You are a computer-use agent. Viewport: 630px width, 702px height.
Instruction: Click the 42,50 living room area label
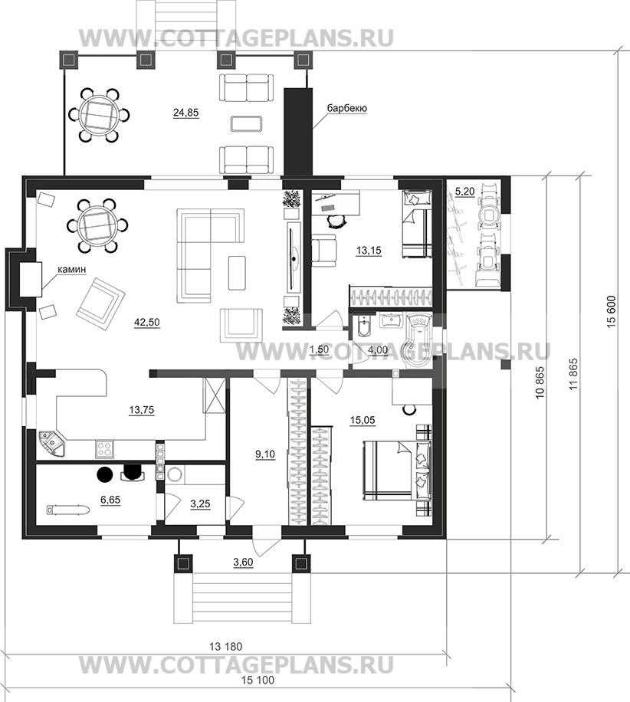point(147,322)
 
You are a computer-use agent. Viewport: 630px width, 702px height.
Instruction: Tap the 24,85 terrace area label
point(185,113)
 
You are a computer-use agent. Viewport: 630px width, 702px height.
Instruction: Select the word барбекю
point(347,108)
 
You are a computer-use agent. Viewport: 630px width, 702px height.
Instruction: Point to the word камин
point(71,270)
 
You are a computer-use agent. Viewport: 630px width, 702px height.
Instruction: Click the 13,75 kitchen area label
point(142,409)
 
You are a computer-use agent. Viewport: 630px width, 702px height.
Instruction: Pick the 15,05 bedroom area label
point(363,420)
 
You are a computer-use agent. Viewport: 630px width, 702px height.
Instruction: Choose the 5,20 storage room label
point(464,192)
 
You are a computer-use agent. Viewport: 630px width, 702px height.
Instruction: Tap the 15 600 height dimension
point(613,312)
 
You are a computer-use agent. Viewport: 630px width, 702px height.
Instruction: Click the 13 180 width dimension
point(225,647)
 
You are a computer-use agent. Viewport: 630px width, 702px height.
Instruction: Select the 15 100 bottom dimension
point(258,680)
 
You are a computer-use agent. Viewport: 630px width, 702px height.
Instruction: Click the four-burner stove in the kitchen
point(104,449)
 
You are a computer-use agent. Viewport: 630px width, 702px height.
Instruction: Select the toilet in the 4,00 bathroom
point(363,326)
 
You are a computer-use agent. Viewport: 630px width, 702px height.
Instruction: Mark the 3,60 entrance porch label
point(243,562)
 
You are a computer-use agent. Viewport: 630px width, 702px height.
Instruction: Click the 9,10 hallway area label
point(265,454)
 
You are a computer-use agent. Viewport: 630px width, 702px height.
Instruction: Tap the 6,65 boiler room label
point(110,500)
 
